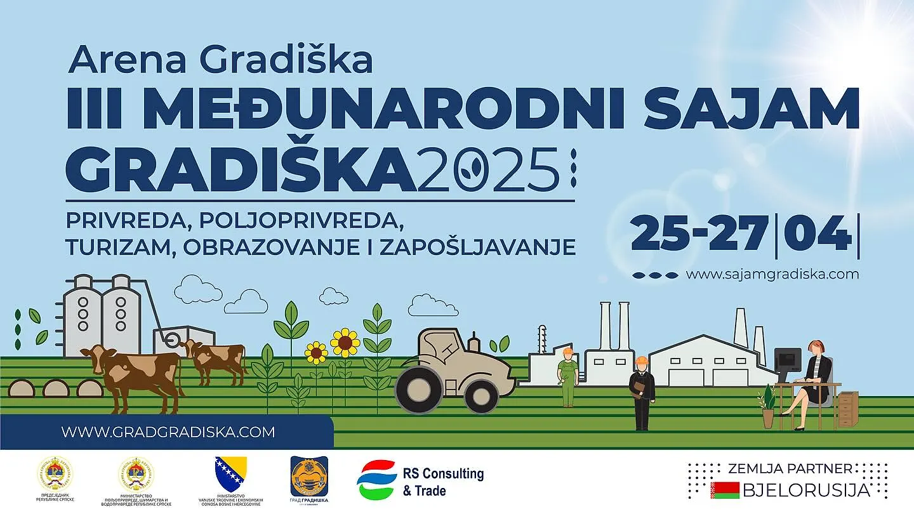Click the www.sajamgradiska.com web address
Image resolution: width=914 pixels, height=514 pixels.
[772, 274]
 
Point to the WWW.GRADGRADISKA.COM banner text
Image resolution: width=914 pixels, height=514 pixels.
[168, 432]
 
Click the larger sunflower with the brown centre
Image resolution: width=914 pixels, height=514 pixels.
[345, 343]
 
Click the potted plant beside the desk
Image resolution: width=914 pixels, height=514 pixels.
[768, 406]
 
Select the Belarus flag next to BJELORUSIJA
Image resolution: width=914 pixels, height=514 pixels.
[724, 490]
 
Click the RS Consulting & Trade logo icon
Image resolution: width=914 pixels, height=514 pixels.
[377, 480]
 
